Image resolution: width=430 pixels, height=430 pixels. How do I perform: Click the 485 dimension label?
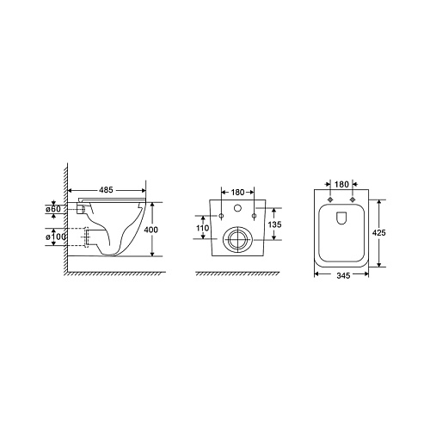coord(106,190)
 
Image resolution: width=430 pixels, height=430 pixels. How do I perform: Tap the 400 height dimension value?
coord(150,230)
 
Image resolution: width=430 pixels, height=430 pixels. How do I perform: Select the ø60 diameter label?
coord(53,209)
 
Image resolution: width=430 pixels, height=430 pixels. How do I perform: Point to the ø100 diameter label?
coord(56,237)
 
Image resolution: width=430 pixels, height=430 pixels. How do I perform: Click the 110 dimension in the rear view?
coord(202,228)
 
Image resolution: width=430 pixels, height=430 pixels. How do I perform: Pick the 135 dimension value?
coord(274,224)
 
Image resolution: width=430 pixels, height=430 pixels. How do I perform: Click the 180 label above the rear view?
coord(237,192)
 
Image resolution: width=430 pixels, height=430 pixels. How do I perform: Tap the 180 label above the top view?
coord(341,184)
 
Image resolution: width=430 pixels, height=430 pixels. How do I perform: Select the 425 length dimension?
coord(379,232)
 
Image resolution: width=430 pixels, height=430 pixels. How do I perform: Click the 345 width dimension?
coord(343,275)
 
